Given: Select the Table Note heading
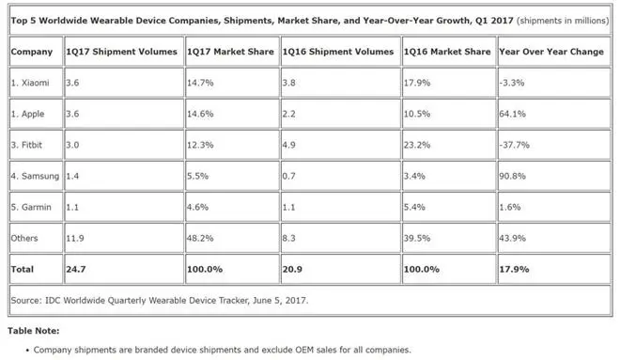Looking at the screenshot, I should (35, 331).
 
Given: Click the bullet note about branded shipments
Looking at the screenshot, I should (222, 350).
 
